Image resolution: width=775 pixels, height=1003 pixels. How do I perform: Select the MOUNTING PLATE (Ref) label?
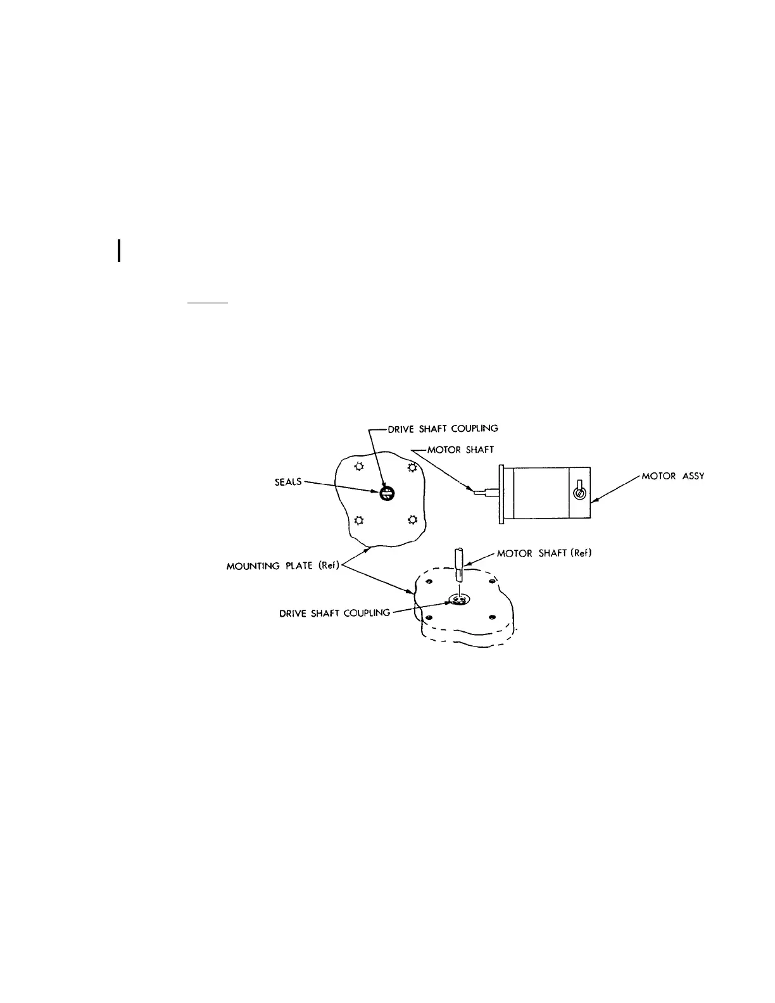pyautogui.click(x=282, y=566)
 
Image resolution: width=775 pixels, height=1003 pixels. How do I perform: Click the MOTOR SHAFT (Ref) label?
pyautogui.click(x=544, y=553)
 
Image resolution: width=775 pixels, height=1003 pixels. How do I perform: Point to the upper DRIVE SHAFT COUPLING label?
pyautogui.click(x=443, y=428)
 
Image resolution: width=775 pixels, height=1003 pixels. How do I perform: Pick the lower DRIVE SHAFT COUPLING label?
pyautogui.click(x=335, y=613)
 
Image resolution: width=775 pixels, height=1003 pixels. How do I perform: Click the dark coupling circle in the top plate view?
pyautogui.click(x=386, y=495)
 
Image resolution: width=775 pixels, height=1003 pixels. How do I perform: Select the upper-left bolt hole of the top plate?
pyautogui.click(x=359, y=467)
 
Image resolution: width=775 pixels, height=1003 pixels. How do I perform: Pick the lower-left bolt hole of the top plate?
pyautogui.click(x=359, y=520)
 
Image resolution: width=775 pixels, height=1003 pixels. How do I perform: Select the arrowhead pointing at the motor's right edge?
pyautogui.click(x=596, y=500)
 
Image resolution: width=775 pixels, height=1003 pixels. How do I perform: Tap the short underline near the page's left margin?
pyautogui.click(x=207, y=303)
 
